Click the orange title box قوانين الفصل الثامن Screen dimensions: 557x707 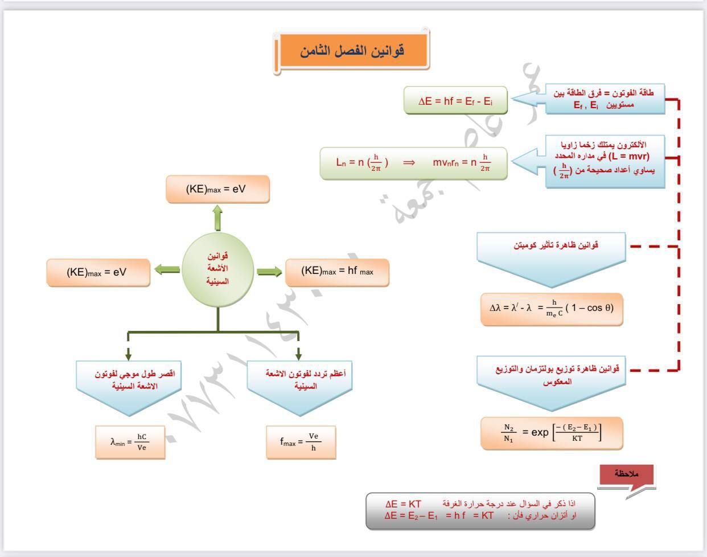(352, 50)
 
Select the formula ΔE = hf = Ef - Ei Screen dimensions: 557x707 (455, 101)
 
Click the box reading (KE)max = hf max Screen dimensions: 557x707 (337, 272)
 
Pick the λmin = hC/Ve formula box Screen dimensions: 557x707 (129, 441)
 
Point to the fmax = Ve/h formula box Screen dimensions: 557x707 (301, 441)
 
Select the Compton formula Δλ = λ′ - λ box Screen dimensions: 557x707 (551, 309)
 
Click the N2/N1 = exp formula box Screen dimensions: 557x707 (551, 433)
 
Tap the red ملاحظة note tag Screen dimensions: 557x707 (627, 474)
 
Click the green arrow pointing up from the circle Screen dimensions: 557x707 (217, 218)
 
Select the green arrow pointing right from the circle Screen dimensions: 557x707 (269, 272)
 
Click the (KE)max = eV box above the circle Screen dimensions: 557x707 (217, 189)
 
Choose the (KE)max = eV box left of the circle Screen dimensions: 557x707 (98, 272)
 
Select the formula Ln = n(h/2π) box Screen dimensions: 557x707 (413, 163)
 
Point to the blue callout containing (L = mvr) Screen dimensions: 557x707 (605, 161)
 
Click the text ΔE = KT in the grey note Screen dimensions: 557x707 (403, 504)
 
